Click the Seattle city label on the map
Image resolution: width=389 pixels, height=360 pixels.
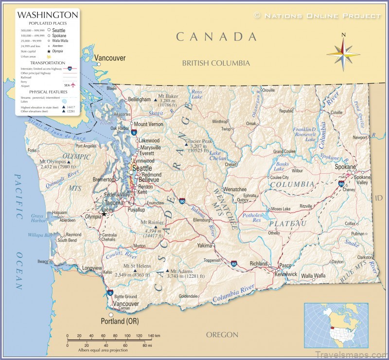(x=142, y=168)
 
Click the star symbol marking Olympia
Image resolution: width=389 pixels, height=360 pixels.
(x=103, y=213)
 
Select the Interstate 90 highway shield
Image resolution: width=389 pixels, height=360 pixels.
(x=182, y=200)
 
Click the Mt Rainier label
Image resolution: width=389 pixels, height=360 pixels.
(x=152, y=222)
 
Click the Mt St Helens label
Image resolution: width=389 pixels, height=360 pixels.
(x=136, y=267)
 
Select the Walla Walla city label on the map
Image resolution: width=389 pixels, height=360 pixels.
(x=313, y=276)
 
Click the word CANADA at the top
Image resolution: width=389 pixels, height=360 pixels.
(x=216, y=36)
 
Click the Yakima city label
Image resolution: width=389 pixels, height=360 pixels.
(x=205, y=246)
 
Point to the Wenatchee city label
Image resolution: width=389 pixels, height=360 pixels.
(x=235, y=189)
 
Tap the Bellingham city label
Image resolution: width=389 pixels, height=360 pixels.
(x=140, y=99)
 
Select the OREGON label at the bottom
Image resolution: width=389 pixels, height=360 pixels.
(x=222, y=335)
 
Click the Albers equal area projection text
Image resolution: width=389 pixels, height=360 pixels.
(x=103, y=350)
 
